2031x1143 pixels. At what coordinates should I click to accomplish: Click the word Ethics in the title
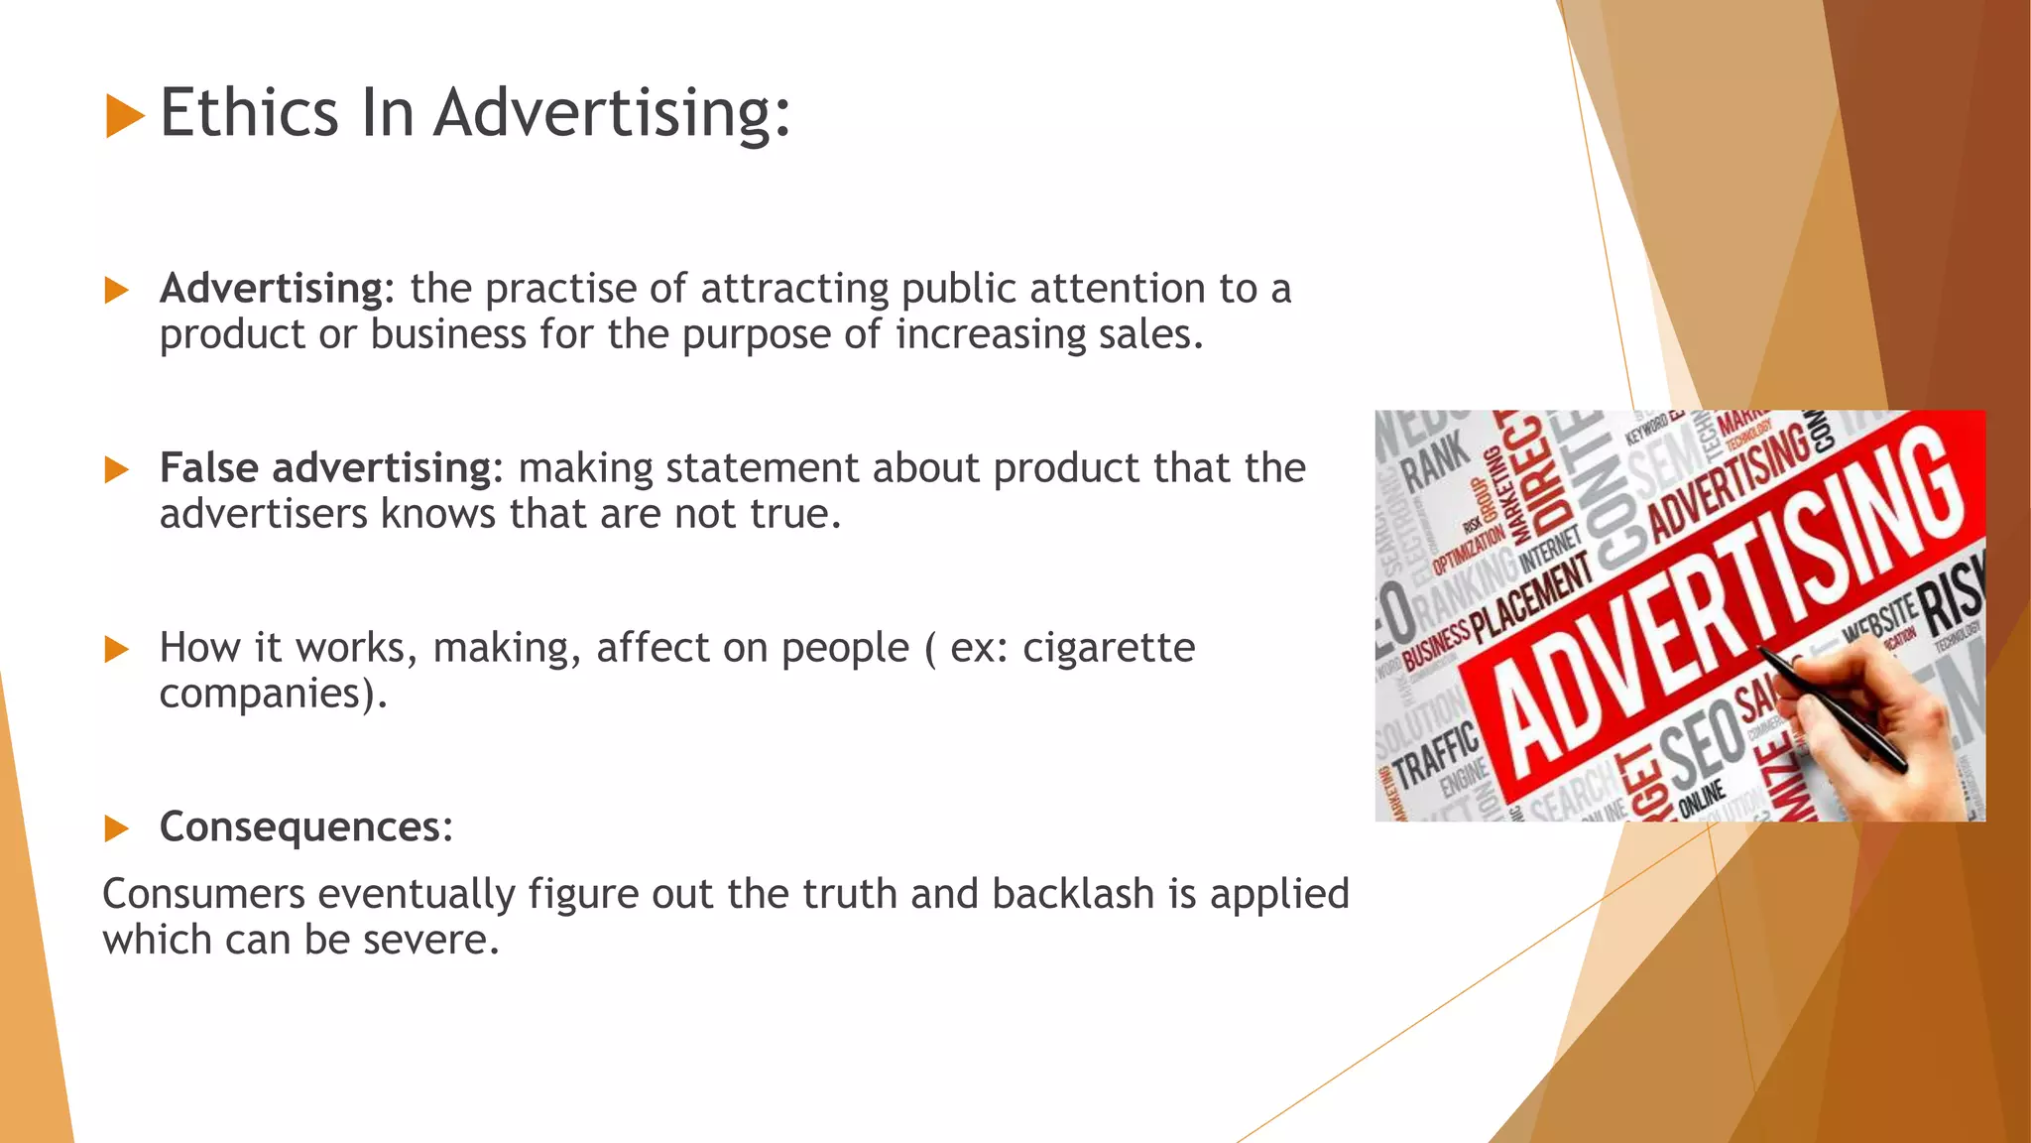click(249, 112)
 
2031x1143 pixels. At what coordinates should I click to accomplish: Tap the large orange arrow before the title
click(125, 115)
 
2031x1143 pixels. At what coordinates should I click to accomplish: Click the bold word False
click(209, 467)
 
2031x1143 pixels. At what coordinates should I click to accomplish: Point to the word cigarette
click(1109, 648)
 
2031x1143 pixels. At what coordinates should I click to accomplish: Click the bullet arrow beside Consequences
click(117, 828)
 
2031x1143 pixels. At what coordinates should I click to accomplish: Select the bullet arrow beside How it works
click(117, 650)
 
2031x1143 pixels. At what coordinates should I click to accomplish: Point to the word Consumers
click(203, 894)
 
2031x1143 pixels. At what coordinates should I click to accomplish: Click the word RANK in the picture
click(1437, 462)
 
